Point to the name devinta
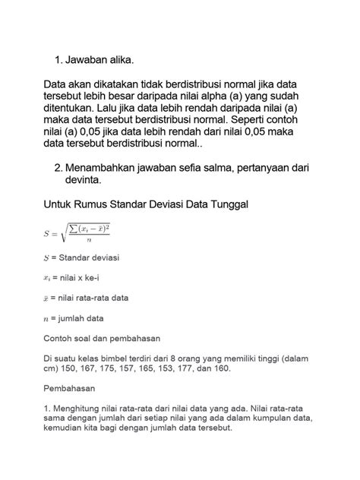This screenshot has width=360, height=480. click(84, 181)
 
